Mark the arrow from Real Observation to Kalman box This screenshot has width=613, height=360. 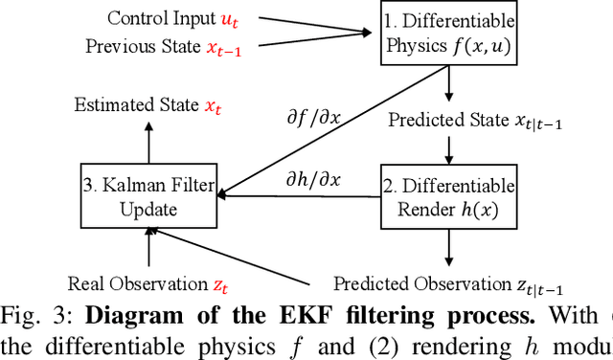tap(149, 251)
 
